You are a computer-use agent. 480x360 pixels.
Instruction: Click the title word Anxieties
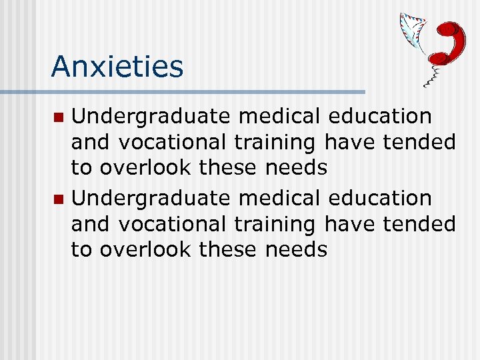tap(117, 67)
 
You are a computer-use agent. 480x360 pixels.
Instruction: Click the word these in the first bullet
tap(229, 167)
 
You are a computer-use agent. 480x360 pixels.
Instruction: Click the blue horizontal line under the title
tap(200, 91)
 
